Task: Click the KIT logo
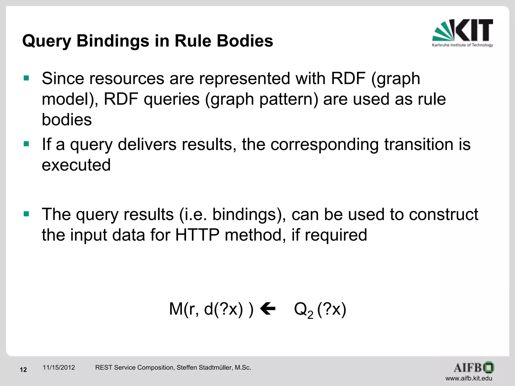(462, 33)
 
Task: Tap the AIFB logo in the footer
(474, 368)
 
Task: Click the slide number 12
(23, 370)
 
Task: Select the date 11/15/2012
(59, 368)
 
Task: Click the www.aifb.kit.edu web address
(469, 378)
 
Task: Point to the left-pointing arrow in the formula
(268, 309)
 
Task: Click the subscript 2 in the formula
(310, 315)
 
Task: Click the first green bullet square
(26, 78)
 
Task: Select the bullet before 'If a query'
(26, 144)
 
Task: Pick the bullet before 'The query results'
(26, 214)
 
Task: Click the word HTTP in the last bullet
(197, 235)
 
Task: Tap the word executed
(76, 165)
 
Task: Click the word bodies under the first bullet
(67, 120)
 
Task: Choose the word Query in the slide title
(47, 41)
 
